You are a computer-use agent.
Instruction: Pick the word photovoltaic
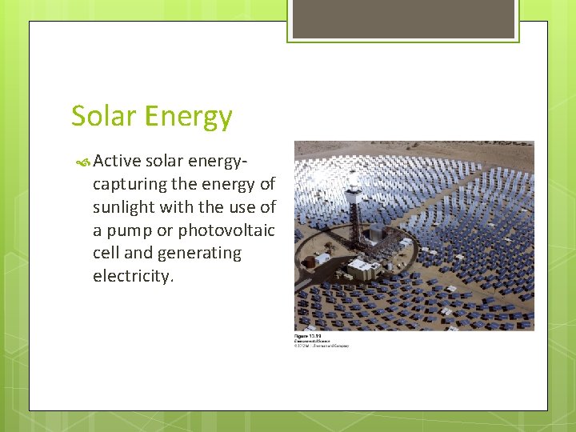point(226,230)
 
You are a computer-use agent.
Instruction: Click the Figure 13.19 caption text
point(307,335)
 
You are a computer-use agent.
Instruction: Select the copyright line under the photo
point(322,345)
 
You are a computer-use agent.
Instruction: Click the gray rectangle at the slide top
point(403,18)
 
